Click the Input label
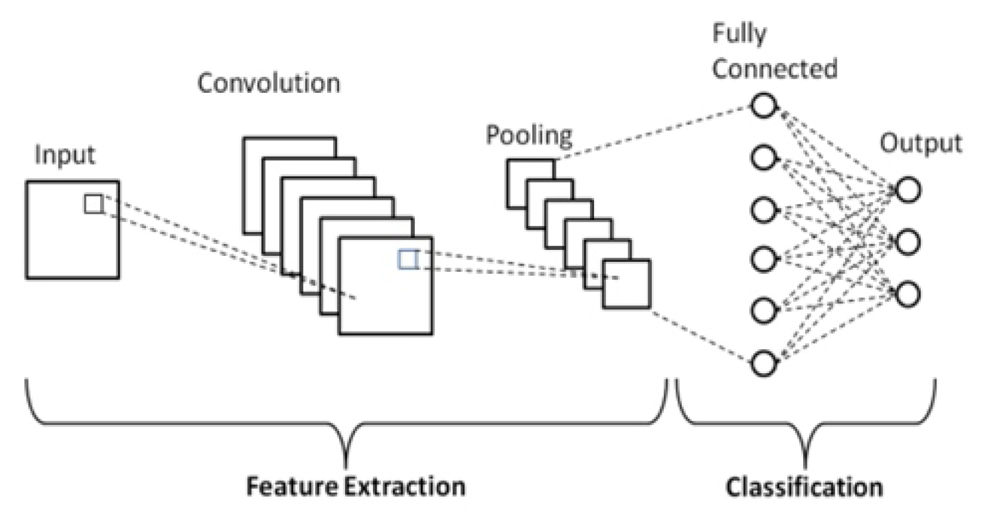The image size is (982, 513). pyautogui.click(x=64, y=156)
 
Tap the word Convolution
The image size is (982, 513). pyautogui.click(x=269, y=83)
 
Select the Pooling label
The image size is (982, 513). pyautogui.click(x=529, y=136)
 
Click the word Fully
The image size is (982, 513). pyautogui.click(x=739, y=35)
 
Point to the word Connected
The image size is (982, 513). pyautogui.click(x=775, y=69)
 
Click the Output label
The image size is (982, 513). pyautogui.click(x=921, y=144)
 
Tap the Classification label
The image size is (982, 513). pyautogui.click(x=804, y=487)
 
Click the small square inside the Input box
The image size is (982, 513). pyautogui.click(x=93, y=204)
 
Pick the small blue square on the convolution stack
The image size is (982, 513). pyautogui.click(x=408, y=259)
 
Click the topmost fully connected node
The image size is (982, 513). pyautogui.click(x=763, y=106)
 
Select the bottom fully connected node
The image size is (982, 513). pyautogui.click(x=763, y=362)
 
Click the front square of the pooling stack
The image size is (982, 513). pyautogui.click(x=626, y=284)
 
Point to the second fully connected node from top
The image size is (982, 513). pyautogui.click(x=763, y=158)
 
